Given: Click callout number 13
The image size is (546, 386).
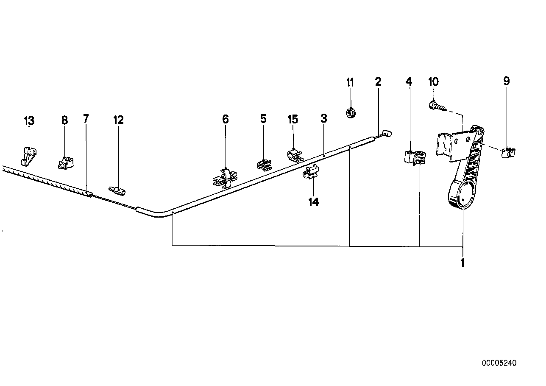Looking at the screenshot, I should [29, 121].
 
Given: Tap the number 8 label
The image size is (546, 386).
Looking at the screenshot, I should [64, 121].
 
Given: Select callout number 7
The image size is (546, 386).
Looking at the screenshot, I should [86, 119].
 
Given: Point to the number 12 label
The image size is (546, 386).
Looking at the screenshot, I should [118, 120].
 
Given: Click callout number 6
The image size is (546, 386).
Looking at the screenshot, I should [225, 120].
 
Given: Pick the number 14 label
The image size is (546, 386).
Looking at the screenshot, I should [313, 202].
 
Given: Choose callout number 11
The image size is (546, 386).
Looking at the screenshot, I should [350, 82].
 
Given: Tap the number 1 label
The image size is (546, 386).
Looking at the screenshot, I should [462, 263].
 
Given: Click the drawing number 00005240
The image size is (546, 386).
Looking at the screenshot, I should [499, 363].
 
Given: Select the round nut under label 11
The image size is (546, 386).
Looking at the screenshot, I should [351, 113].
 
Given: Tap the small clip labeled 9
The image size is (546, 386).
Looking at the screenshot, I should [507, 152].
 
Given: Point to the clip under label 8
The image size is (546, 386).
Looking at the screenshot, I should [65, 162].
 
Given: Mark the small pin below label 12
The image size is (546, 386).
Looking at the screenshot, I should [117, 190].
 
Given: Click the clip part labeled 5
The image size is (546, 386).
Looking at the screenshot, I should [264, 164].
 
